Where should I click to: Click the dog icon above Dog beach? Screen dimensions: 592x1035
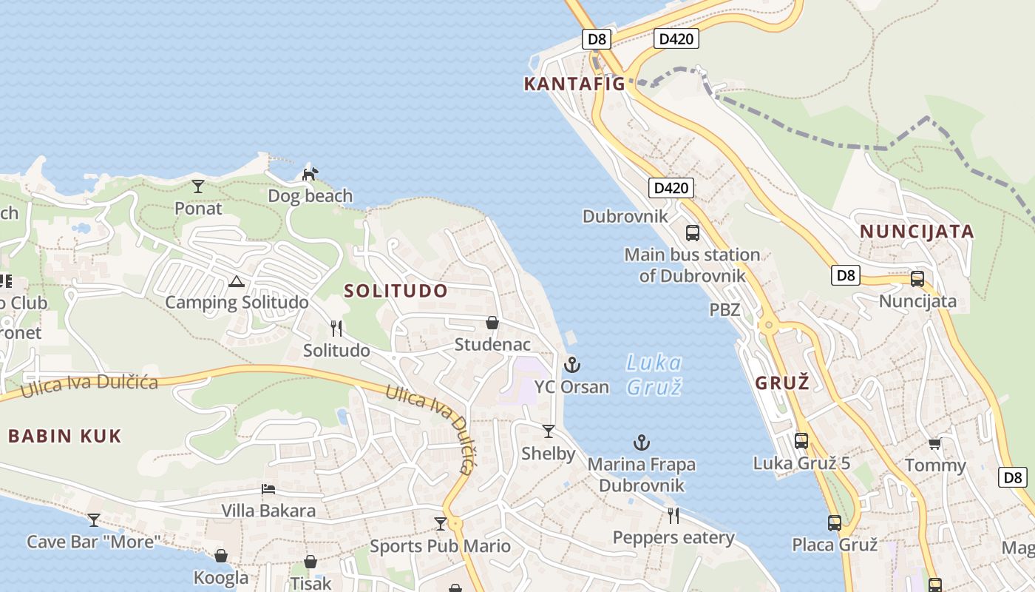point(310,174)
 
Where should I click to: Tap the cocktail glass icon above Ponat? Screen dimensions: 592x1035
point(197,186)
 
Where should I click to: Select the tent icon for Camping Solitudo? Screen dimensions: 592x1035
point(237,281)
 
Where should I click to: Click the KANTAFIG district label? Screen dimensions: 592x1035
point(574,84)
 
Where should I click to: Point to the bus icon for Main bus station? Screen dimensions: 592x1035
point(693,232)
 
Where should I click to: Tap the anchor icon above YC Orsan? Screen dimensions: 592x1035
point(572,364)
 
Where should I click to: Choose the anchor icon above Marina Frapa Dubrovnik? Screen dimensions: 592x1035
point(642,443)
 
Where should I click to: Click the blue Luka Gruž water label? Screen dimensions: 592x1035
point(654,374)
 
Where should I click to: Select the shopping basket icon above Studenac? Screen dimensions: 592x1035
point(492,323)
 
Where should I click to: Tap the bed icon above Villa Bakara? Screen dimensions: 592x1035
point(268,489)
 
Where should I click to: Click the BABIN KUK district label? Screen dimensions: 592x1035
point(64,436)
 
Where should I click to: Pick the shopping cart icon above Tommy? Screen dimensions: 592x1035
point(935,443)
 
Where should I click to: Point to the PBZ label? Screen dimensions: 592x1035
point(724,309)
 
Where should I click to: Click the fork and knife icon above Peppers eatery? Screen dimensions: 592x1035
point(673,515)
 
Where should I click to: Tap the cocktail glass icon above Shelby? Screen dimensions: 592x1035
point(549,431)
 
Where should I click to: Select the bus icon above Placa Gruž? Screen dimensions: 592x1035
point(835,522)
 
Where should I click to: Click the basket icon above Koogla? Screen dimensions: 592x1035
point(221,555)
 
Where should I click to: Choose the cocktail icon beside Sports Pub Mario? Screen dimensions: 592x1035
point(441,524)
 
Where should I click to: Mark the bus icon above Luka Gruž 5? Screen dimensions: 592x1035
point(801,441)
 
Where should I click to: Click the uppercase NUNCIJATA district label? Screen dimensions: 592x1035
point(917,232)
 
